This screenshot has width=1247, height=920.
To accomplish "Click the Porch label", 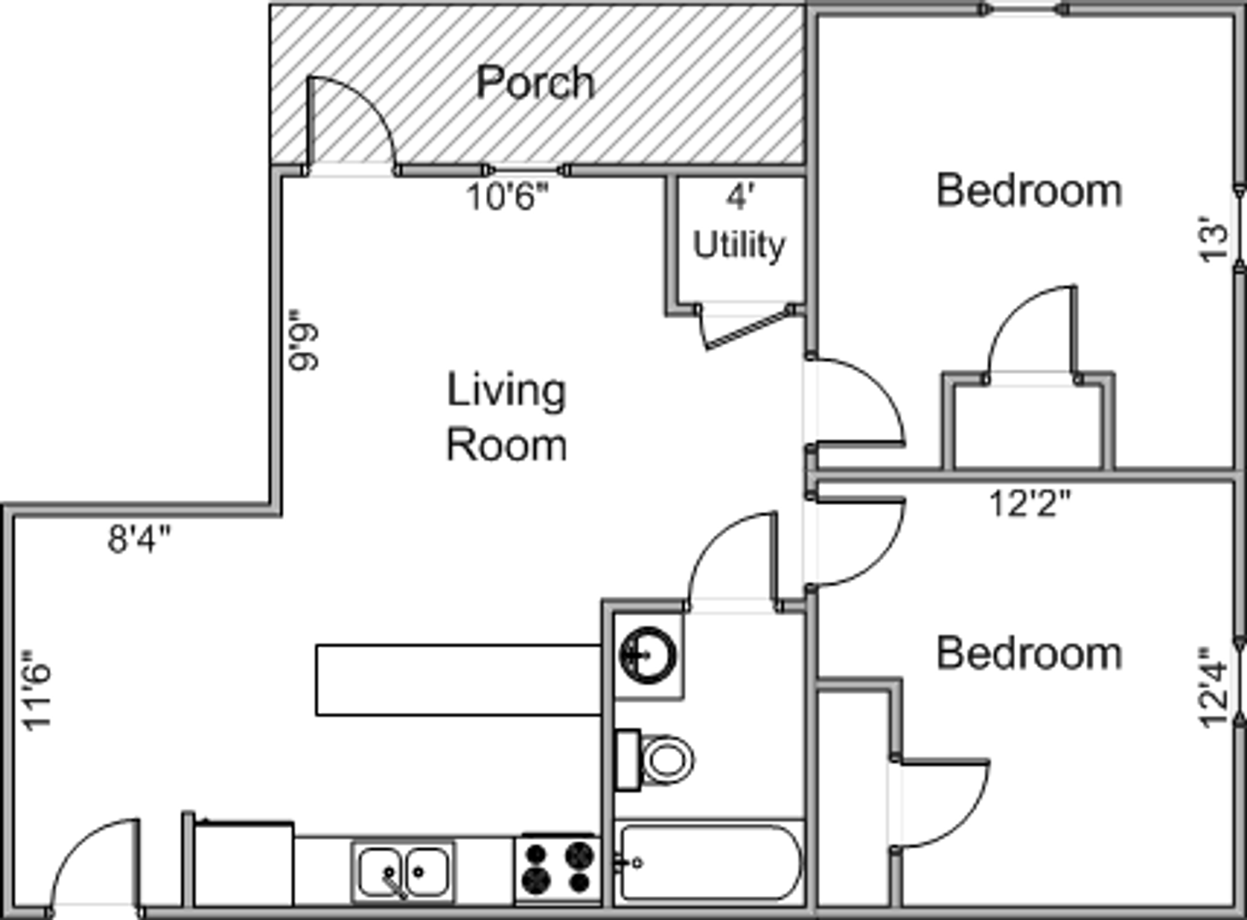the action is click(534, 83).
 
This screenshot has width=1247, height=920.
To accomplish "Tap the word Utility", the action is click(738, 245).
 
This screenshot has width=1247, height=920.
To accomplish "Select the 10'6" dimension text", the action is click(507, 198).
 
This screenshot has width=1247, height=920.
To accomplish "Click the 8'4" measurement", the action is click(139, 539).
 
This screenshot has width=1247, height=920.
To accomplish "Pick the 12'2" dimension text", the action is click(1030, 503).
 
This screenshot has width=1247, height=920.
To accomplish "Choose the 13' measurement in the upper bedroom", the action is click(1214, 239).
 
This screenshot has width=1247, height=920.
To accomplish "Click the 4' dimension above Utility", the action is click(740, 198).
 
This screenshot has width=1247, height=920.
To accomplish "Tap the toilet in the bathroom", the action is click(655, 760).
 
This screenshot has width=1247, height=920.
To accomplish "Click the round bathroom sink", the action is click(647, 655).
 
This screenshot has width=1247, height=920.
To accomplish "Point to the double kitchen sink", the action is click(404, 871).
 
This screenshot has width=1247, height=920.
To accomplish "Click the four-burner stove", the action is click(557, 869).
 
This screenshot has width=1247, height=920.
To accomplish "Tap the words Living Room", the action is click(506, 417).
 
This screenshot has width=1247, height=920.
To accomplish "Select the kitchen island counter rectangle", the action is click(459, 680).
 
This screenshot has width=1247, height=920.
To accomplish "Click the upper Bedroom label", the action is click(1030, 191).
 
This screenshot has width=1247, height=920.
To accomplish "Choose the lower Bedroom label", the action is click(1030, 653).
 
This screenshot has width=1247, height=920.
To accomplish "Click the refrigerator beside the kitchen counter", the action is click(244, 865).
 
